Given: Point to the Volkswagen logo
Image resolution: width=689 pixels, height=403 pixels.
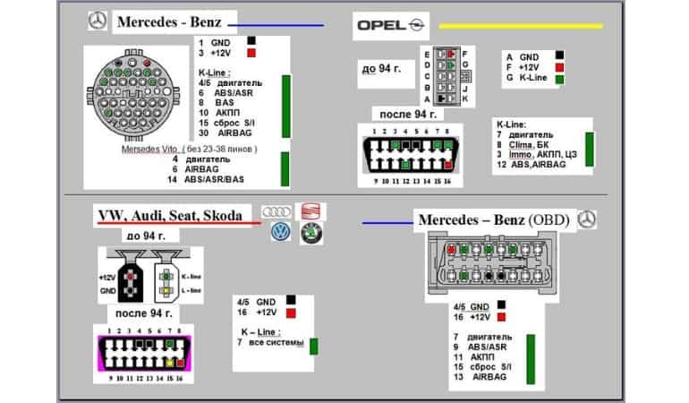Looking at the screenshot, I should click(281, 232).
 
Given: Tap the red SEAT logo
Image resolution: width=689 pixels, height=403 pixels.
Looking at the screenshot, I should click(310, 212).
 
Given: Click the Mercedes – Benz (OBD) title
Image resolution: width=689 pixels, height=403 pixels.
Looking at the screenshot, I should click(493, 219).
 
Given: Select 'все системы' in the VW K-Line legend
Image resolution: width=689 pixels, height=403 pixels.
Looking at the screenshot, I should click(276, 342).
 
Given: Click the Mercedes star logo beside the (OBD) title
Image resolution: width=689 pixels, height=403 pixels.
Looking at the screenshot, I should click(587, 219).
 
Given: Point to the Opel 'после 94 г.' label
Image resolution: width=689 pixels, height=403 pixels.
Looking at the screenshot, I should click(407, 115).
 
